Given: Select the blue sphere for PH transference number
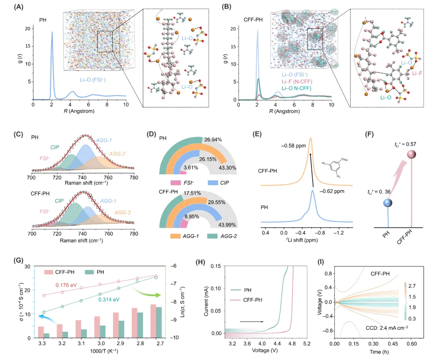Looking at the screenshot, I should (388, 203).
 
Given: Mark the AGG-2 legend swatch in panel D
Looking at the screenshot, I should (211, 236).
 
